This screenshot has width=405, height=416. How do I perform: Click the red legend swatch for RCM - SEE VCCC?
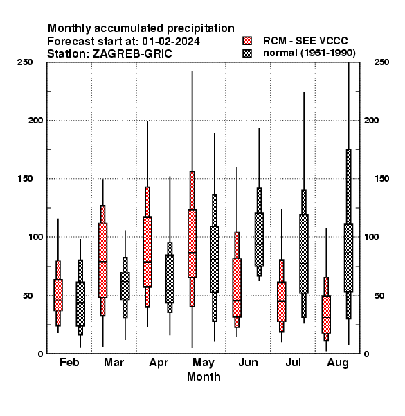coord(247,41)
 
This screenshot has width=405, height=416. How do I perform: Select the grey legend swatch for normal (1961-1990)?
coord(247,53)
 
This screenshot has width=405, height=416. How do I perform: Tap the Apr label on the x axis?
coord(159,363)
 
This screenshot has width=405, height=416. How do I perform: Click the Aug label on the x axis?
coord(338,363)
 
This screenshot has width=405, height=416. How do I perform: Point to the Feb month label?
coord(69,362)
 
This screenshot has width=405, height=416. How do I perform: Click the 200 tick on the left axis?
coord(35,120)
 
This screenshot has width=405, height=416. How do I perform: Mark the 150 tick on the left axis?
coord(25,179)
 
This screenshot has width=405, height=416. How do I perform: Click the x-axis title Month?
coord(204,376)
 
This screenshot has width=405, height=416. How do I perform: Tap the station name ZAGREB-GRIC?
coord(132,53)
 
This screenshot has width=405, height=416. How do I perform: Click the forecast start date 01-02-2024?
coord(171,41)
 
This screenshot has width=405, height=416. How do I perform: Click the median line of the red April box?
coord(147,262)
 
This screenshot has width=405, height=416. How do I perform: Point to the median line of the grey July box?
coord(304,263)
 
